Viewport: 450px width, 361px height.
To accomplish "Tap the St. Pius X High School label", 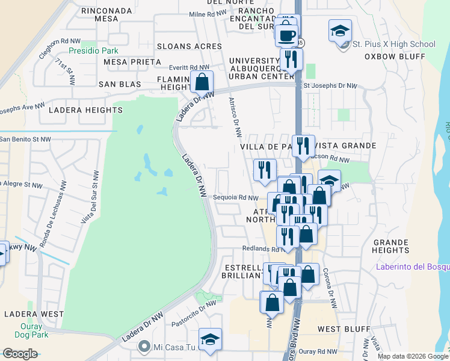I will (x=393, y=44).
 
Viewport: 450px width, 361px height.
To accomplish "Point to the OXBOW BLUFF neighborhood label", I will (x=395, y=57).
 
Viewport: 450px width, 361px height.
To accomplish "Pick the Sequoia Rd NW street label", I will (x=236, y=197).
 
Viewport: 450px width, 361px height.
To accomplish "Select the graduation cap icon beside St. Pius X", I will (x=340, y=30).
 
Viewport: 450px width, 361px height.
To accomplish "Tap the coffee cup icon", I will (x=288, y=34).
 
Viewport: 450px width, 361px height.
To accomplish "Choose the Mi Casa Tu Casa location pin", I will (x=144, y=346).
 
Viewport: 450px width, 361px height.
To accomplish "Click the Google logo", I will (x=20, y=354).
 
